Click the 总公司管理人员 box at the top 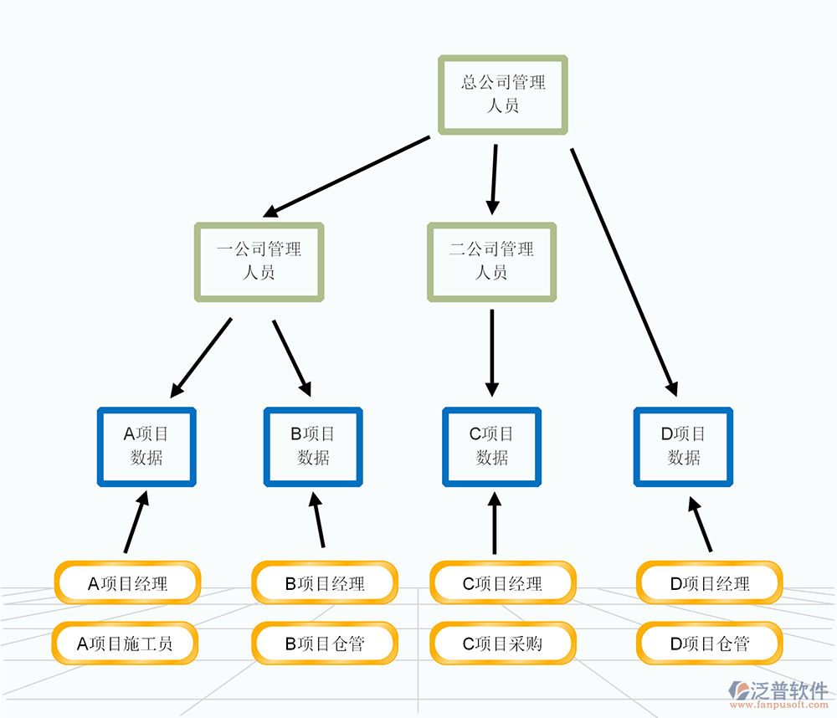pos(503,94)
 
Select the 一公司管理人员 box pos(259,261)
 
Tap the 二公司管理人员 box pos(491,261)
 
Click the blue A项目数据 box pos(146,446)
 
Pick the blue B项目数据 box pos(313,446)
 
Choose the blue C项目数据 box pos(492,446)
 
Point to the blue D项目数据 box pos(684,446)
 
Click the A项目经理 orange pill pos(127,583)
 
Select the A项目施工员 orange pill pos(127,644)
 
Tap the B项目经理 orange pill pos(325,583)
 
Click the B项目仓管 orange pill pos(325,644)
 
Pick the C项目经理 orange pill pos(503,583)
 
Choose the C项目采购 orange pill pos(503,644)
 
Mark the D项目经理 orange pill pos(710,583)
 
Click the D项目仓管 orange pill pos(710,644)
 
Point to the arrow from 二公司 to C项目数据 pos(492,351)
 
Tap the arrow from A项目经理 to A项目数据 pos(136,522)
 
